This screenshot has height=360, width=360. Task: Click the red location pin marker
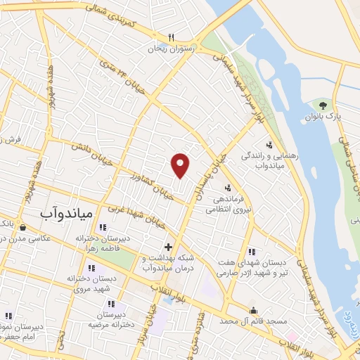tap(181, 164)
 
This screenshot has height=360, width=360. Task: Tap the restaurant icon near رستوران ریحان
tap(170, 38)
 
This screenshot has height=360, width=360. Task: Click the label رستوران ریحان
tap(169, 49)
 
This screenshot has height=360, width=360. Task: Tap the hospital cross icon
tap(168, 247)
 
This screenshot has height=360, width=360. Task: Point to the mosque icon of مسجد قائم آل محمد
tap(253, 310)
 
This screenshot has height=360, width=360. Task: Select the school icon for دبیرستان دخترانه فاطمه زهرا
tap(103, 227)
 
